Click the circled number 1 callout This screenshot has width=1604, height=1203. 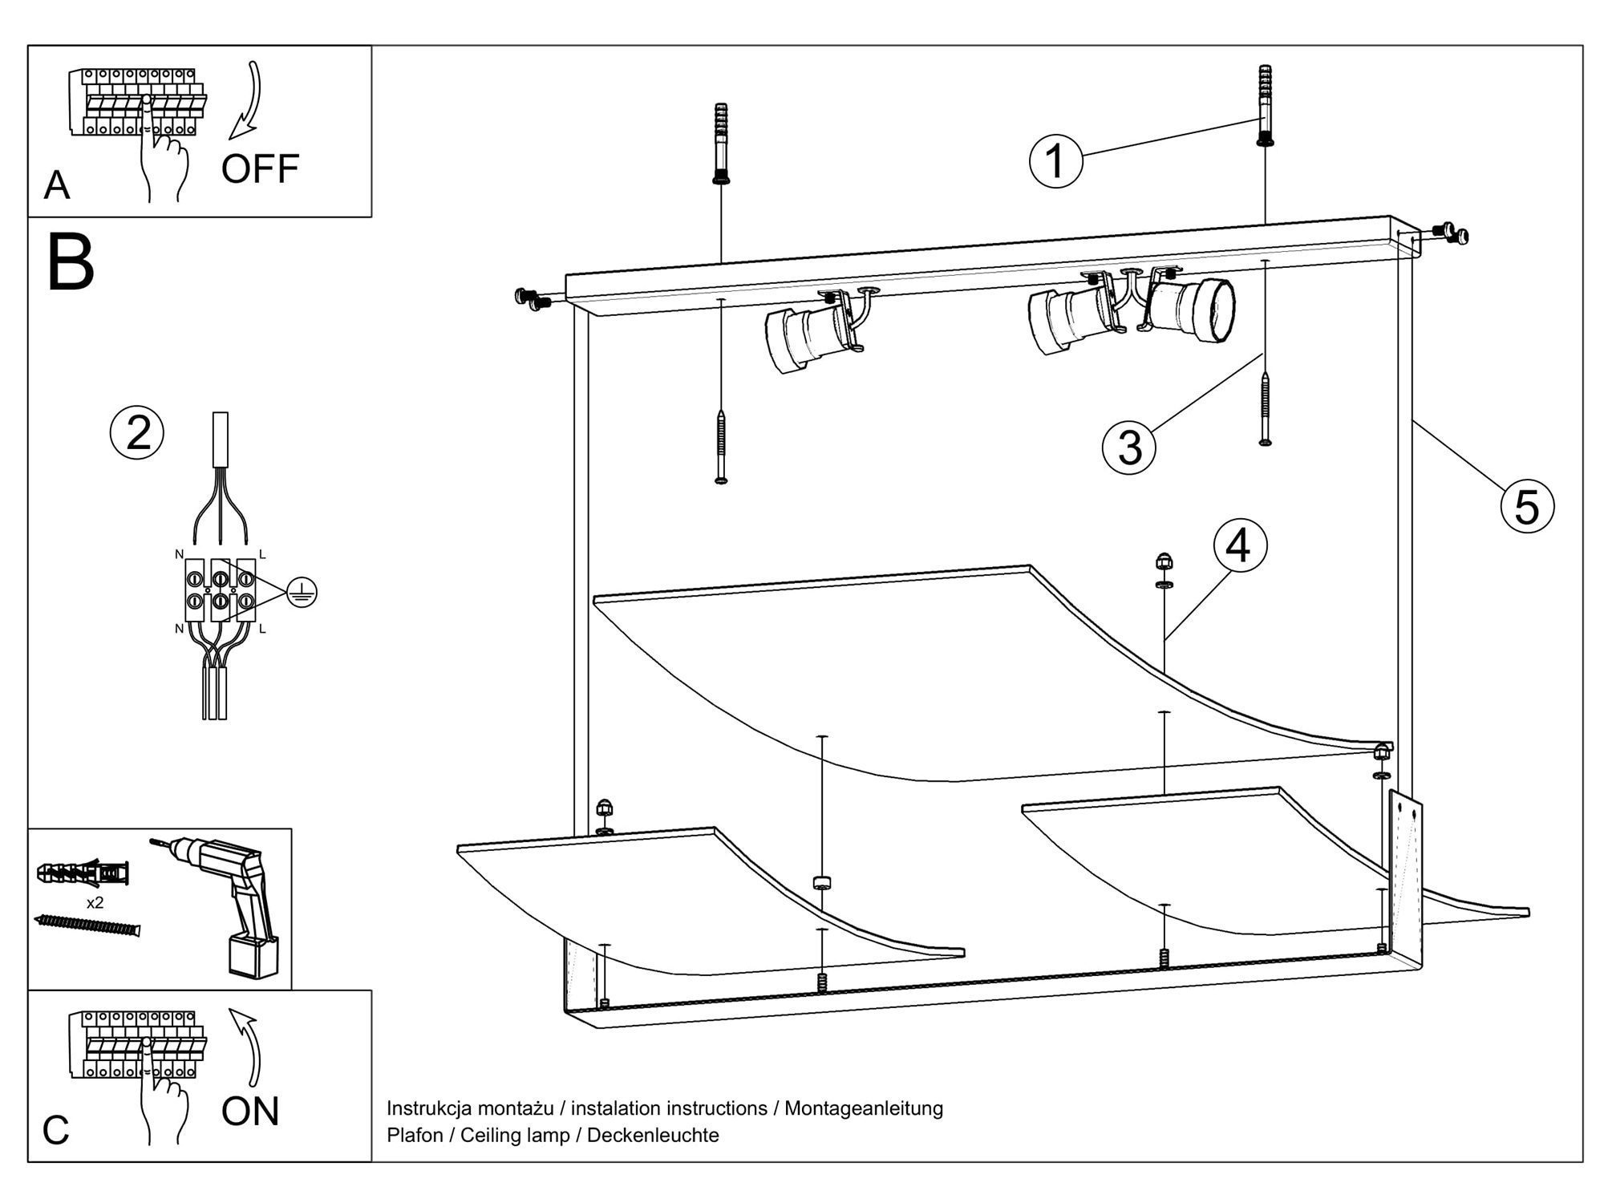coord(1055,161)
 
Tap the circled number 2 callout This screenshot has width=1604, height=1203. coord(137,433)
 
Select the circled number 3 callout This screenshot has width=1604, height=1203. coord(1129,447)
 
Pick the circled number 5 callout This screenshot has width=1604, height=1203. coord(1526,506)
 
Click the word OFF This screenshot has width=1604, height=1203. coord(260,169)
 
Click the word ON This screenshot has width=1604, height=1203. coord(250,1112)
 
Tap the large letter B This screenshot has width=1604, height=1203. coord(71,262)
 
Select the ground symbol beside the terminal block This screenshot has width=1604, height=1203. coord(302,593)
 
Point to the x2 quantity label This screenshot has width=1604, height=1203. coord(95,903)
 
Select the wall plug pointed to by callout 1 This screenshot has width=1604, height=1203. coord(1265,104)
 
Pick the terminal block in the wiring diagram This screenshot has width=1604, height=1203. coord(220,589)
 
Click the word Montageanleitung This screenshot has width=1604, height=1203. coord(863,1108)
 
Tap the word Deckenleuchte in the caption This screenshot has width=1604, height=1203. coord(653,1135)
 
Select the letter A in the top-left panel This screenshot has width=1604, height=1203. coord(57,185)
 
